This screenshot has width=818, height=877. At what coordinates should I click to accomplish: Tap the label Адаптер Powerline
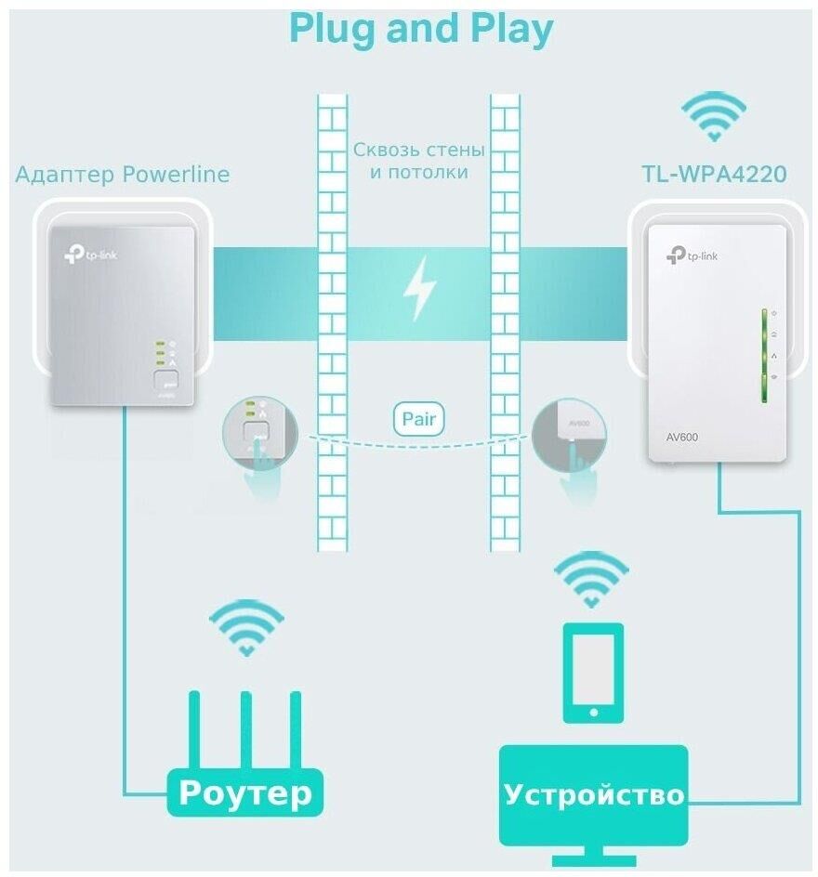[122, 175]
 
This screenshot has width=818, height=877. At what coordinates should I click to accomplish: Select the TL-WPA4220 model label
[714, 174]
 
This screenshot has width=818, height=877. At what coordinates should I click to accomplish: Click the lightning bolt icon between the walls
[419, 287]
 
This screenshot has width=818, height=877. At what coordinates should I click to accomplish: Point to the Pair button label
[418, 419]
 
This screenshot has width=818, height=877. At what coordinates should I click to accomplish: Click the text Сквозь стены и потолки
[418, 161]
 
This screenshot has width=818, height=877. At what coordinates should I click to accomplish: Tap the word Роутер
[244, 792]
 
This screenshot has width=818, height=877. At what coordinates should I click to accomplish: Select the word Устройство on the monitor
[594, 794]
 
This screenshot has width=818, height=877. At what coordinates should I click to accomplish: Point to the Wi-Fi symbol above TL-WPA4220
[714, 114]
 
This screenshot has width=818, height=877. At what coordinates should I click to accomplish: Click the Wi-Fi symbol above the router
[245, 626]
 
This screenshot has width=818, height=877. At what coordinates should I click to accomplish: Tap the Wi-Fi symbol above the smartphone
[591, 578]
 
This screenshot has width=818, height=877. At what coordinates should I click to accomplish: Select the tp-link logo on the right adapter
[693, 255]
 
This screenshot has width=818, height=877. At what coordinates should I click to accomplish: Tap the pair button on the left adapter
[165, 380]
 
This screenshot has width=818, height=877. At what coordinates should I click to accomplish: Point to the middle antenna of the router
[245, 728]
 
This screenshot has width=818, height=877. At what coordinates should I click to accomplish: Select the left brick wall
[332, 321]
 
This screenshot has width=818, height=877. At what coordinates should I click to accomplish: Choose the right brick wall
[505, 321]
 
